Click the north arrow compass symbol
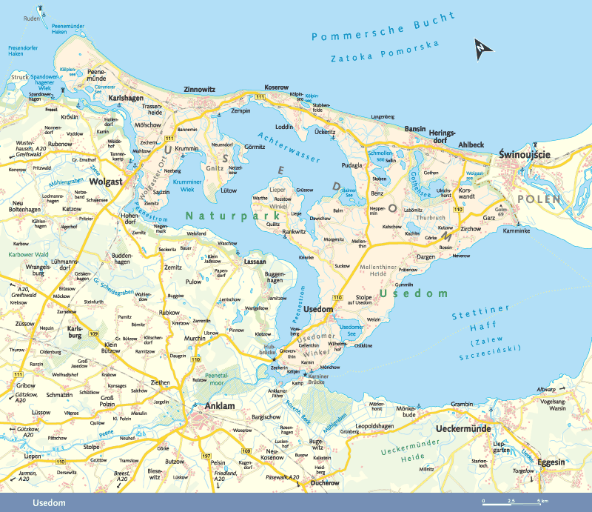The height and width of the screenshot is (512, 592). click(482, 49)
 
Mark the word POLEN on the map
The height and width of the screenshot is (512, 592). click(540, 199)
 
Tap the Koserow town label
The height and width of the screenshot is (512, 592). click(276, 87)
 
